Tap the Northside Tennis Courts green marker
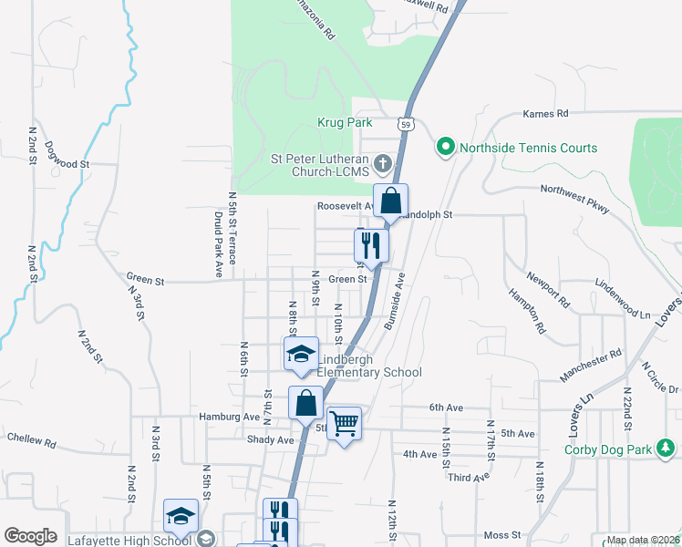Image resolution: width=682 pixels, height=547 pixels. click(445, 147)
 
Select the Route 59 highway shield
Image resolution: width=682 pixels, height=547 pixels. click(406, 123)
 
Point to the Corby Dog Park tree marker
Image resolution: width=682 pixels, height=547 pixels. click(666, 449)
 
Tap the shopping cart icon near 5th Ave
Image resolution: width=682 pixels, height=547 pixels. click(344, 422)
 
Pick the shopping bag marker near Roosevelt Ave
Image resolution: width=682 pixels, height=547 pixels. click(390, 201)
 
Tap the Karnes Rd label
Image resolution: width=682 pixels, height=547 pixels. click(545, 114)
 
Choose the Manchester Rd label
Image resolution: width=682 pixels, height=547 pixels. click(591, 354)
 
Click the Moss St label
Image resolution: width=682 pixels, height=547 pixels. click(501, 535)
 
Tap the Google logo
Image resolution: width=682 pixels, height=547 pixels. click(30, 536)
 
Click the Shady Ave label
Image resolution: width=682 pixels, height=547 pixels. click(270, 439)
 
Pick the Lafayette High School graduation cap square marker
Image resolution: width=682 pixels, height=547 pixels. click(181, 516)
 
